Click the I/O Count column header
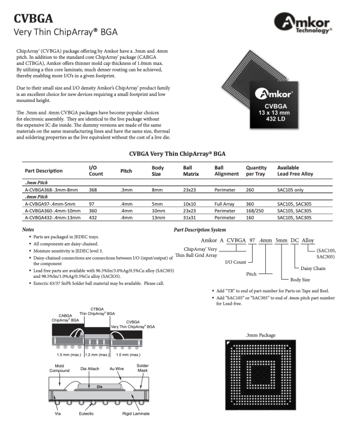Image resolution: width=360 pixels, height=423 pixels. pyautogui.click(x=97, y=170)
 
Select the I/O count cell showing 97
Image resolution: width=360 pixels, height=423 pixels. pyautogui.click(x=92, y=205)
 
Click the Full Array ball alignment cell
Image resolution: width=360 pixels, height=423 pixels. pyautogui.click(x=226, y=205)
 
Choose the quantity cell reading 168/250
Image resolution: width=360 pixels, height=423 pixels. pyautogui.click(x=256, y=212)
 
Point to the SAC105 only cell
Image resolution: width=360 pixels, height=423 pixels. pyautogui.click(x=294, y=189)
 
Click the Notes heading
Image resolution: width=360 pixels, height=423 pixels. pyautogui.click(x=28, y=230)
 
